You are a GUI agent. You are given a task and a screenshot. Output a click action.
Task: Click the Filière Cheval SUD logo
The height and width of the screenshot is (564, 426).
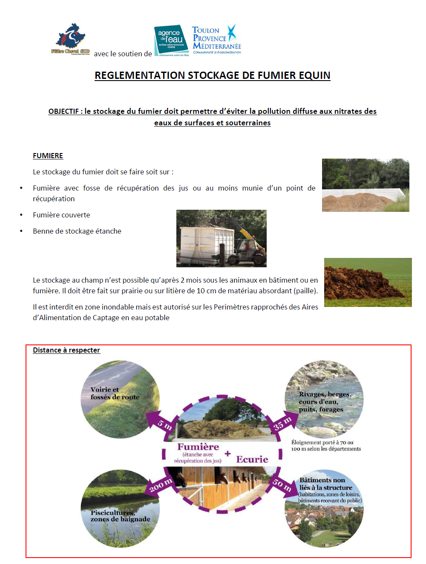[70, 40]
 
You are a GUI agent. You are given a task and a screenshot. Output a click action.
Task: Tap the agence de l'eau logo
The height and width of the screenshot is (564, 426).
[171, 40]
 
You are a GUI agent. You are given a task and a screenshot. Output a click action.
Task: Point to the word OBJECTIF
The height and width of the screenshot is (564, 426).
[63, 111]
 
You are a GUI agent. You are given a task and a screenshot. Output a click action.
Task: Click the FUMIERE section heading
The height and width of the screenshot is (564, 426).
[48, 156]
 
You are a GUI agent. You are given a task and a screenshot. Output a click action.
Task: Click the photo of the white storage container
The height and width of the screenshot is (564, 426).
[221, 238]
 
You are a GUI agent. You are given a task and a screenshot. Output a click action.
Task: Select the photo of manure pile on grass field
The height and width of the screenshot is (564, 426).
[368, 282]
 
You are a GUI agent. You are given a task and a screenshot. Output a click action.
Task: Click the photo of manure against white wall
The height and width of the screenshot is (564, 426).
[365, 185]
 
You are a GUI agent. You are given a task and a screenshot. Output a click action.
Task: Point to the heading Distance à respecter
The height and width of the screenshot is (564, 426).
[66, 350]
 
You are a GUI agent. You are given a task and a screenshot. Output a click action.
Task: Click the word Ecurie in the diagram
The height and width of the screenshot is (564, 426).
[252, 459]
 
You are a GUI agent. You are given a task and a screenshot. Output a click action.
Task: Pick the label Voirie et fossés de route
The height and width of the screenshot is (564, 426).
[115, 393]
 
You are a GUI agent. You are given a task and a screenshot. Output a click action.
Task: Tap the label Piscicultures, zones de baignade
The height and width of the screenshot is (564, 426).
[120, 516]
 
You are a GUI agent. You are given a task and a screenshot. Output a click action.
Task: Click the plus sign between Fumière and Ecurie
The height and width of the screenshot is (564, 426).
[227, 454]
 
